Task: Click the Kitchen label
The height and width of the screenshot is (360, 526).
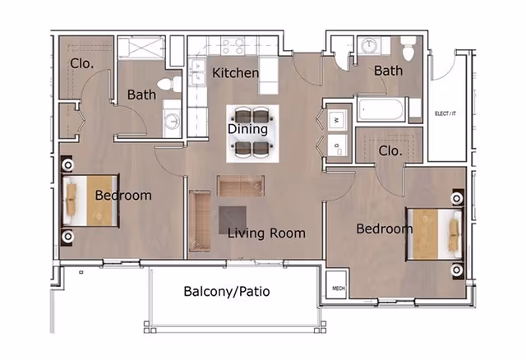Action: pyautogui.click(x=236, y=73)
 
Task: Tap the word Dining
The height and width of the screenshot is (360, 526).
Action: pyautogui.click(x=247, y=129)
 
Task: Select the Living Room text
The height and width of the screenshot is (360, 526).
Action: pyautogui.click(x=267, y=233)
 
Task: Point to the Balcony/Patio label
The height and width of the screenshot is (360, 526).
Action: pyautogui.click(x=227, y=292)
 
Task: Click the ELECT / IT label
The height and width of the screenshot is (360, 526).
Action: pyautogui.click(x=446, y=113)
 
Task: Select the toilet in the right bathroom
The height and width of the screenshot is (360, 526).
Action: pyautogui.click(x=408, y=45)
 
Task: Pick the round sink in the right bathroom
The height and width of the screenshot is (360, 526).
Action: pyautogui.click(x=369, y=45)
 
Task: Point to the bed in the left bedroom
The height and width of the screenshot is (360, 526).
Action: pyautogui.click(x=89, y=200)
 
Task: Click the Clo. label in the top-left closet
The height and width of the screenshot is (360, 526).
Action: pyautogui.click(x=80, y=62)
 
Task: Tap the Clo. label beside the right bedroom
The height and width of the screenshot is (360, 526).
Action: pyautogui.click(x=390, y=151)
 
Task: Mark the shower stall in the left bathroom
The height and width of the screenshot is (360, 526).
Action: pyautogui.click(x=141, y=48)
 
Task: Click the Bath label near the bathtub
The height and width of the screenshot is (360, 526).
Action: pyautogui.click(x=388, y=71)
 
